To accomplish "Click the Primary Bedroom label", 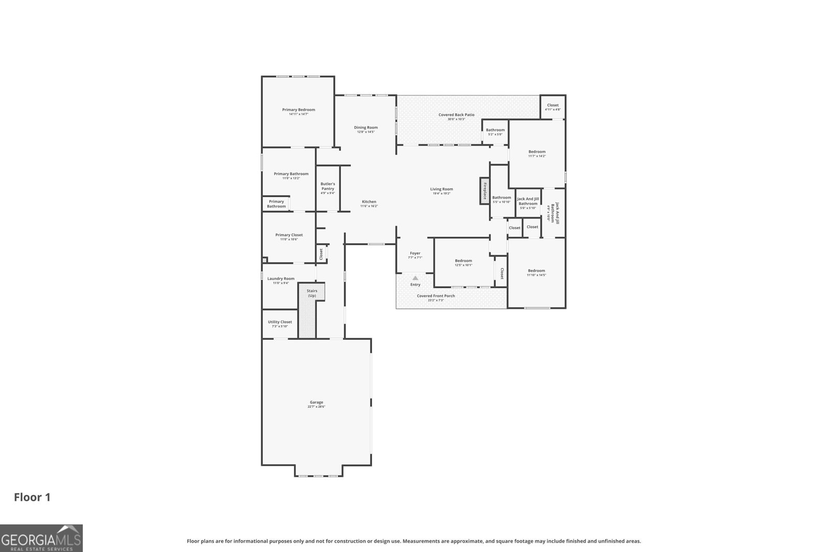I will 298,110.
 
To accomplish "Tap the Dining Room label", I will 365,127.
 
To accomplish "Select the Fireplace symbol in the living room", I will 484,191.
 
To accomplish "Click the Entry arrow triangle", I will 415,278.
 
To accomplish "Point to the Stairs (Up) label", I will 312,293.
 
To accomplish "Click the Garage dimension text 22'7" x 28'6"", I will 316,407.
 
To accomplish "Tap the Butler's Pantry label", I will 328,186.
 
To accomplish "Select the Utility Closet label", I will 280,322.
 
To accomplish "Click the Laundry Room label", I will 281,278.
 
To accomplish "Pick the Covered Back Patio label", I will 456,115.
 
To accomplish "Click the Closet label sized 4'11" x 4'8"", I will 553,105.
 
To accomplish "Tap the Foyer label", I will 415,253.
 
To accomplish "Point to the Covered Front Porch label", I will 436,296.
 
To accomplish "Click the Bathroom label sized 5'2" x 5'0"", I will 495,130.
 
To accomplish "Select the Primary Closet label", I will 289,235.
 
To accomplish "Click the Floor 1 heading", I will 32,498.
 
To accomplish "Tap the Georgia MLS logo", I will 41,538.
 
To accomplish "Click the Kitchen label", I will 369,202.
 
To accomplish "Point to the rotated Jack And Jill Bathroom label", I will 555,212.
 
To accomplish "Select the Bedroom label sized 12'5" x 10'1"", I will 463,261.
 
